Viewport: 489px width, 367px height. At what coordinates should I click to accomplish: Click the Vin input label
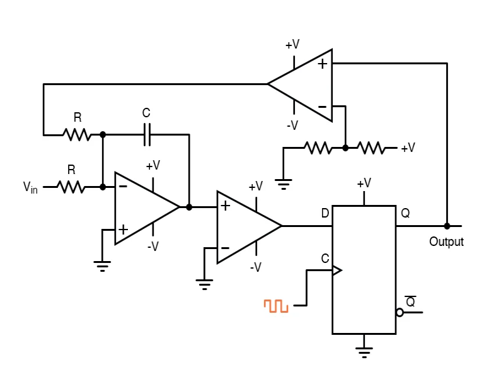point(30,187)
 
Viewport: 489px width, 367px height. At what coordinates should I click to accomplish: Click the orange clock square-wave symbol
point(276,306)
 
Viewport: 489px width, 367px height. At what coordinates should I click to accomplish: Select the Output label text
point(446,242)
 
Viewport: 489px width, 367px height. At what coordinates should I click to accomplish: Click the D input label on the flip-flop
point(325,214)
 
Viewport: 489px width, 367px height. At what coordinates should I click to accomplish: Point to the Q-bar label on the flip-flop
point(410,301)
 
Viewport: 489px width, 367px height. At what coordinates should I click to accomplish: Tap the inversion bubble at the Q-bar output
point(400,312)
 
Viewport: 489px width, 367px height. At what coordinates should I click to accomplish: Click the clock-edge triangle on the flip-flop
point(337,271)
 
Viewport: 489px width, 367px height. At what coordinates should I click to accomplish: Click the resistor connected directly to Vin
point(72,187)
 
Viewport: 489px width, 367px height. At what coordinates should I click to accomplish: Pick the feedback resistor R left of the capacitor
point(77,134)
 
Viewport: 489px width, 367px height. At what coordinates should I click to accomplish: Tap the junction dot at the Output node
point(447,226)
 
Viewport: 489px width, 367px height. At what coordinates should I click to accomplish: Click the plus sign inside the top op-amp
point(322,64)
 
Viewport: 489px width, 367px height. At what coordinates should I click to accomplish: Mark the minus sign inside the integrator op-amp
point(123,186)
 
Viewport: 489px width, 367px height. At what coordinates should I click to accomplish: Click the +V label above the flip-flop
point(364,183)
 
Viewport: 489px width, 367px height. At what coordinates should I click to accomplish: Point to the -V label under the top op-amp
point(292,125)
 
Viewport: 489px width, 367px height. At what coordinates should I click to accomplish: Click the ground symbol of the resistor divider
point(284,185)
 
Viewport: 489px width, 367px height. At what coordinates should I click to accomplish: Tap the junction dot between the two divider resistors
point(345,148)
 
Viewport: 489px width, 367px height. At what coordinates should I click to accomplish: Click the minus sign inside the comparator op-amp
point(225,247)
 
